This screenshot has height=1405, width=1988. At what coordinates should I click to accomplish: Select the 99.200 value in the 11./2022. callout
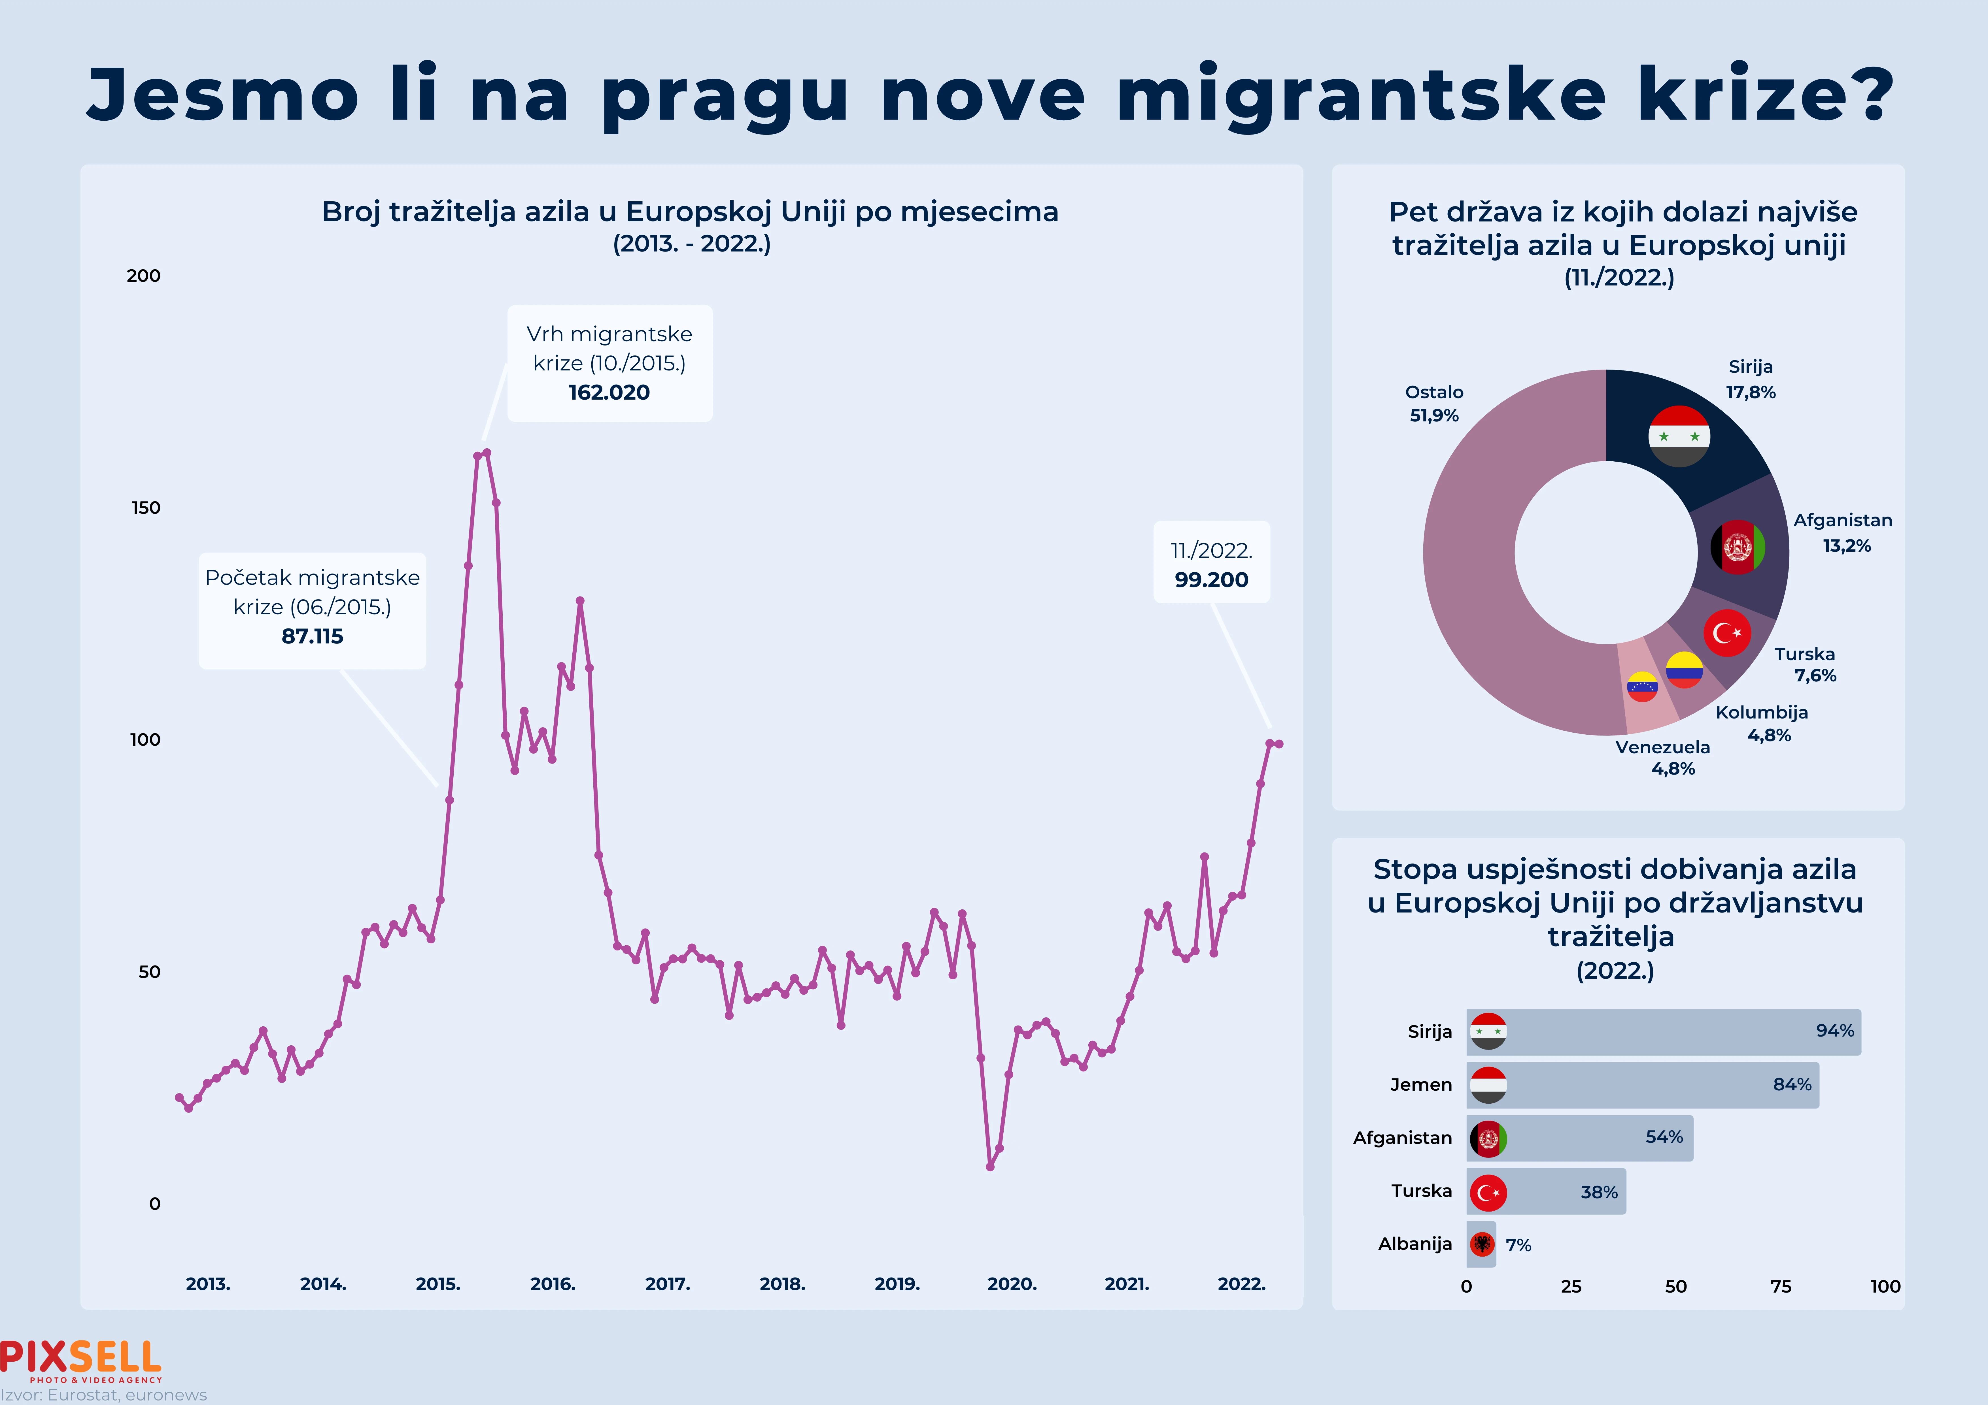click(x=1211, y=580)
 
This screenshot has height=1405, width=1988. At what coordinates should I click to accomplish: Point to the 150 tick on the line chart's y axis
click(x=145, y=508)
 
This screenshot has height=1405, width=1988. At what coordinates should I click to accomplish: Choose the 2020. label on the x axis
click(x=1011, y=1284)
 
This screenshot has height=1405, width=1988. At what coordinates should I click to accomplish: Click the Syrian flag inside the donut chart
click(x=1679, y=436)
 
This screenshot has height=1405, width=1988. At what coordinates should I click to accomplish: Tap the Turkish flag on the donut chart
click(x=1726, y=633)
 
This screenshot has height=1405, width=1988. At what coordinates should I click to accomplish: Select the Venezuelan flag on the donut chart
click(x=1642, y=686)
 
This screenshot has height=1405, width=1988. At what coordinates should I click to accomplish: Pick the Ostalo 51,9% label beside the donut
click(x=1434, y=403)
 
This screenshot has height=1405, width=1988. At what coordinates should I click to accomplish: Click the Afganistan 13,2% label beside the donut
click(x=1843, y=532)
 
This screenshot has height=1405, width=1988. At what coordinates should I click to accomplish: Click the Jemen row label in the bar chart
click(x=1421, y=1085)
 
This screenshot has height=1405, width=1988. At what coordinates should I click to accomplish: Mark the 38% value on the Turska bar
click(x=1598, y=1192)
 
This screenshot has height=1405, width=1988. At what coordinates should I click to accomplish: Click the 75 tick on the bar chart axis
click(x=1780, y=1286)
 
